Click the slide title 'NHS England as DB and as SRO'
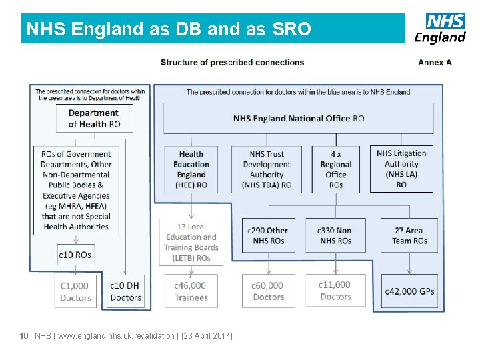pyautogui.click(x=168, y=29)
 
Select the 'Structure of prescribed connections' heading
pyautogui.click(x=232, y=63)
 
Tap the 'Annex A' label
pyautogui.click(x=435, y=63)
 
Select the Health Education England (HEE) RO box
pyautogui.click(x=191, y=169)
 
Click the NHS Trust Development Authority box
pyautogui.click(x=267, y=169)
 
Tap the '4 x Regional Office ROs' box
pyautogui.click(x=335, y=169)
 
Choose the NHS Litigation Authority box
pyautogui.click(x=401, y=169)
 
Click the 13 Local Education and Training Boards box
pyautogui.click(x=191, y=242)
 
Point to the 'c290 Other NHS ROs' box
pyautogui.click(x=268, y=235)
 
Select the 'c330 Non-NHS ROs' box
pyautogui.click(x=335, y=235)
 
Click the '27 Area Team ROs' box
pyautogui.click(x=409, y=235)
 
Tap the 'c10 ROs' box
pyautogui.click(x=75, y=255)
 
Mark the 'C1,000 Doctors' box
pyautogui.click(x=75, y=291)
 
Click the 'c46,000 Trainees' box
pyautogui.click(x=191, y=291)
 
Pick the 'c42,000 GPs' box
pyautogui.click(x=409, y=291)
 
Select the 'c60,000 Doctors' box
pyautogui.click(x=268, y=291)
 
